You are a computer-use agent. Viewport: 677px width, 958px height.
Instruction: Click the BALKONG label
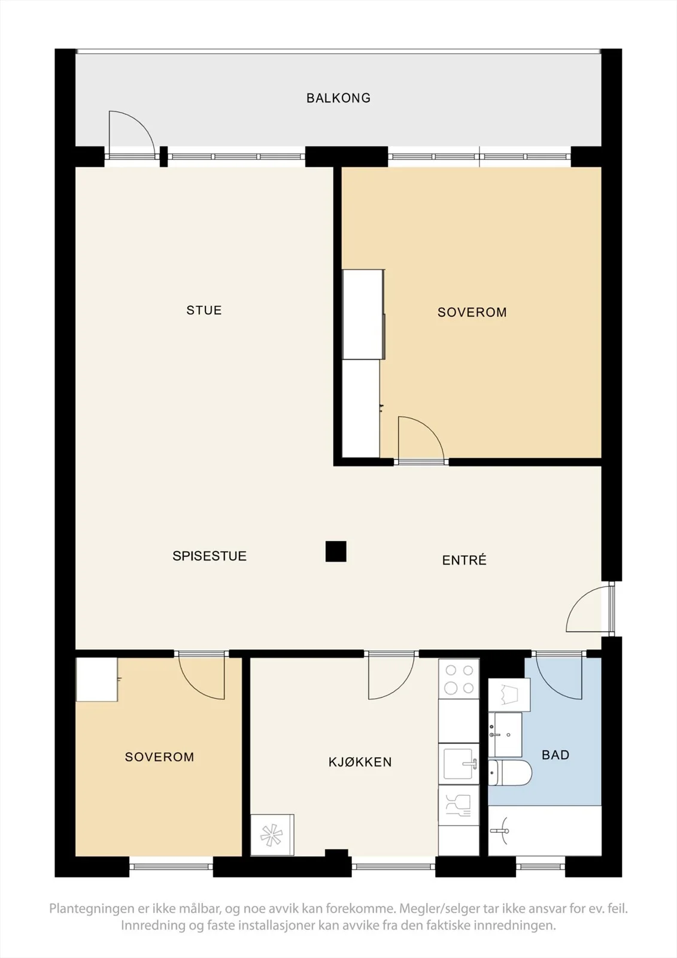pos(338,98)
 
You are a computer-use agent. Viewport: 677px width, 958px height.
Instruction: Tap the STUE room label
pos(204,310)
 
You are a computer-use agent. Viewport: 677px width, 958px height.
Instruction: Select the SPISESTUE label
pos(210,556)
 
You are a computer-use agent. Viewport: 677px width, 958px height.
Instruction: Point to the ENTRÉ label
pos(465,560)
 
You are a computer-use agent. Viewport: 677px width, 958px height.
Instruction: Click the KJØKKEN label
pos(360,762)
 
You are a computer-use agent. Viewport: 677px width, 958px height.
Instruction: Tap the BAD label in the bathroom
pos(555,755)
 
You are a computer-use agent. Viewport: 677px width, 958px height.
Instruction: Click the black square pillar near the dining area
pos(336,551)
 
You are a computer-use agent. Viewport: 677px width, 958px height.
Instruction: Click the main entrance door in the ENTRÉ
pos(590,609)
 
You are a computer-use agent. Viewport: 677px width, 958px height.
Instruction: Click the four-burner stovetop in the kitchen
pos(459,679)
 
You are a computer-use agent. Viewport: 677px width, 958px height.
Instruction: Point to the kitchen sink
pos(459,764)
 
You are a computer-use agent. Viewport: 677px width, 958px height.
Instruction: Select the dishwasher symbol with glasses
pos(459,805)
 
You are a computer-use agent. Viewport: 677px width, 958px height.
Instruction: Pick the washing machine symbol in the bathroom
pos(509,695)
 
